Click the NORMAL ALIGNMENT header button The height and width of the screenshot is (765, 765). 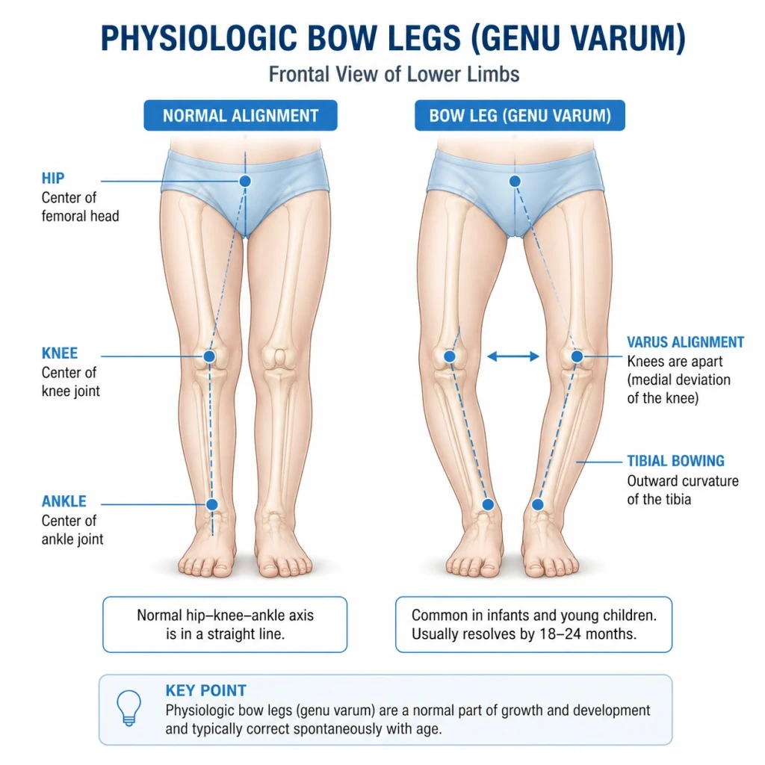[241, 116]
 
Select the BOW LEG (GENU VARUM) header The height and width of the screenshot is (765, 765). [520, 116]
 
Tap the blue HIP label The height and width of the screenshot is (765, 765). [53, 178]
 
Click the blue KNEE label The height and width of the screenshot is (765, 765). [60, 353]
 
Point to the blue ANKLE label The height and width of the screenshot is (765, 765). [64, 501]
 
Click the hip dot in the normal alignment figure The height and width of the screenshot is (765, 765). [245, 181]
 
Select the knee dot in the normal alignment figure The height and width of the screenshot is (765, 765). [209, 356]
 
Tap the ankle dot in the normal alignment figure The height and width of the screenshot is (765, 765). [211, 504]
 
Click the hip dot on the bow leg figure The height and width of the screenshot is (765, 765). [515, 182]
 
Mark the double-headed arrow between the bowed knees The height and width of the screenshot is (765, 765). [513, 356]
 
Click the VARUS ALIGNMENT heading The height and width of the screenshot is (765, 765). [686, 342]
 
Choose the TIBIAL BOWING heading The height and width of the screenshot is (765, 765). [675, 461]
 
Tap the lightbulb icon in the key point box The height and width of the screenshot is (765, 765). [128, 707]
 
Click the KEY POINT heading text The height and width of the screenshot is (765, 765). [206, 690]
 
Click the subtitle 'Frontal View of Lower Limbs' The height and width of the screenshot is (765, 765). [394, 75]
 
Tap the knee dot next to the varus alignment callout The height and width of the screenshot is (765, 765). [577, 356]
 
